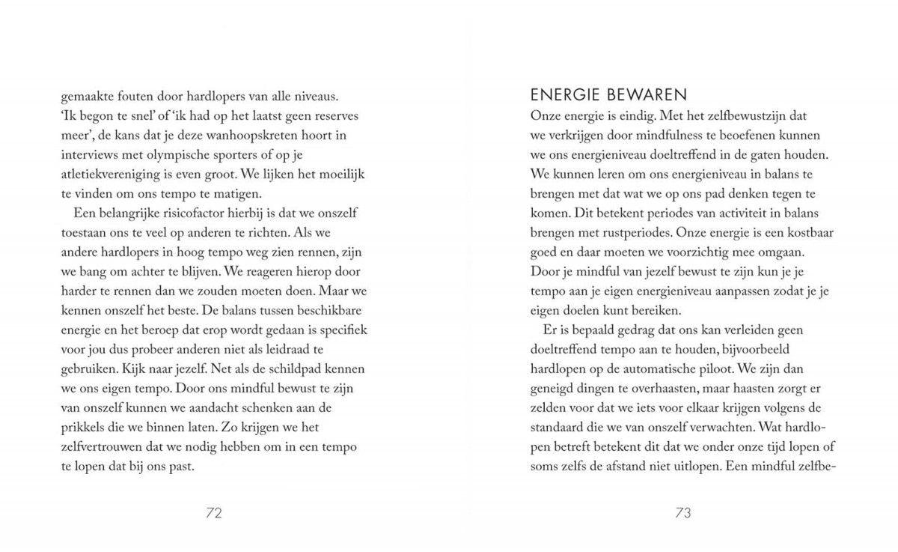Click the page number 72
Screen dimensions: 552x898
(214, 513)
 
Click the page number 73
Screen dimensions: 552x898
(682, 513)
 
